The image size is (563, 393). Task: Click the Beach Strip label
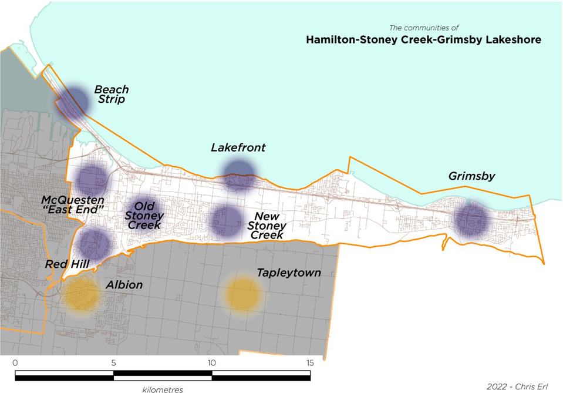point(112,95)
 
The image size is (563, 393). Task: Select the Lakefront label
point(238,148)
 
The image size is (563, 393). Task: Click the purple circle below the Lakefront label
point(239,174)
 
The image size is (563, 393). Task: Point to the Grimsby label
point(471,176)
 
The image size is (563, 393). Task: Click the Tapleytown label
point(289,273)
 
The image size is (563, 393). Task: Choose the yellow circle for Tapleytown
point(242,293)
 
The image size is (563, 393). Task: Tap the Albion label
point(124,285)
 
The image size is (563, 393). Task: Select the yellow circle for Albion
point(82,293)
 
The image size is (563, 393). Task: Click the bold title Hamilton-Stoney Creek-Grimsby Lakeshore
point(423,41)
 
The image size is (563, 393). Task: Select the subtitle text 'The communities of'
point(424,28)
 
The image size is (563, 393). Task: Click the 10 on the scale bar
point(211,362)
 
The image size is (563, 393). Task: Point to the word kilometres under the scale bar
point(163,389)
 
